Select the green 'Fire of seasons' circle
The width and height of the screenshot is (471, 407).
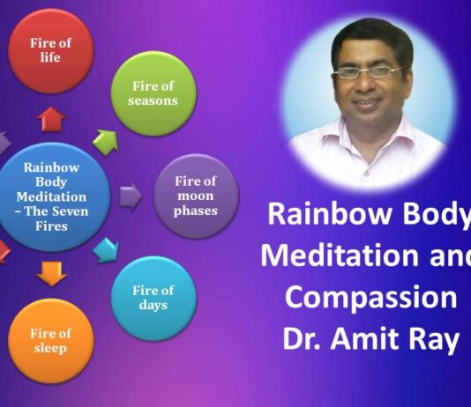coord(154,93)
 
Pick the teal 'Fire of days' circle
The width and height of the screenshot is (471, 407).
coord(153,297)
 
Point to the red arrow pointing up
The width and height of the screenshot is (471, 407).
coord(51,118)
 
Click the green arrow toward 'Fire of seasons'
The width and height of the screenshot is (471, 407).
coord(107,140)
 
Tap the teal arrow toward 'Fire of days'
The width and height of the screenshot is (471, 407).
coord(105,249)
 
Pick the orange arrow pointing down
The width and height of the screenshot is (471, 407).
coord(52,274)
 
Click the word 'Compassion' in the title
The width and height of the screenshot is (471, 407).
coord(372,297)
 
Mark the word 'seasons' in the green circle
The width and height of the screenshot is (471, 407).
coord(155,100)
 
